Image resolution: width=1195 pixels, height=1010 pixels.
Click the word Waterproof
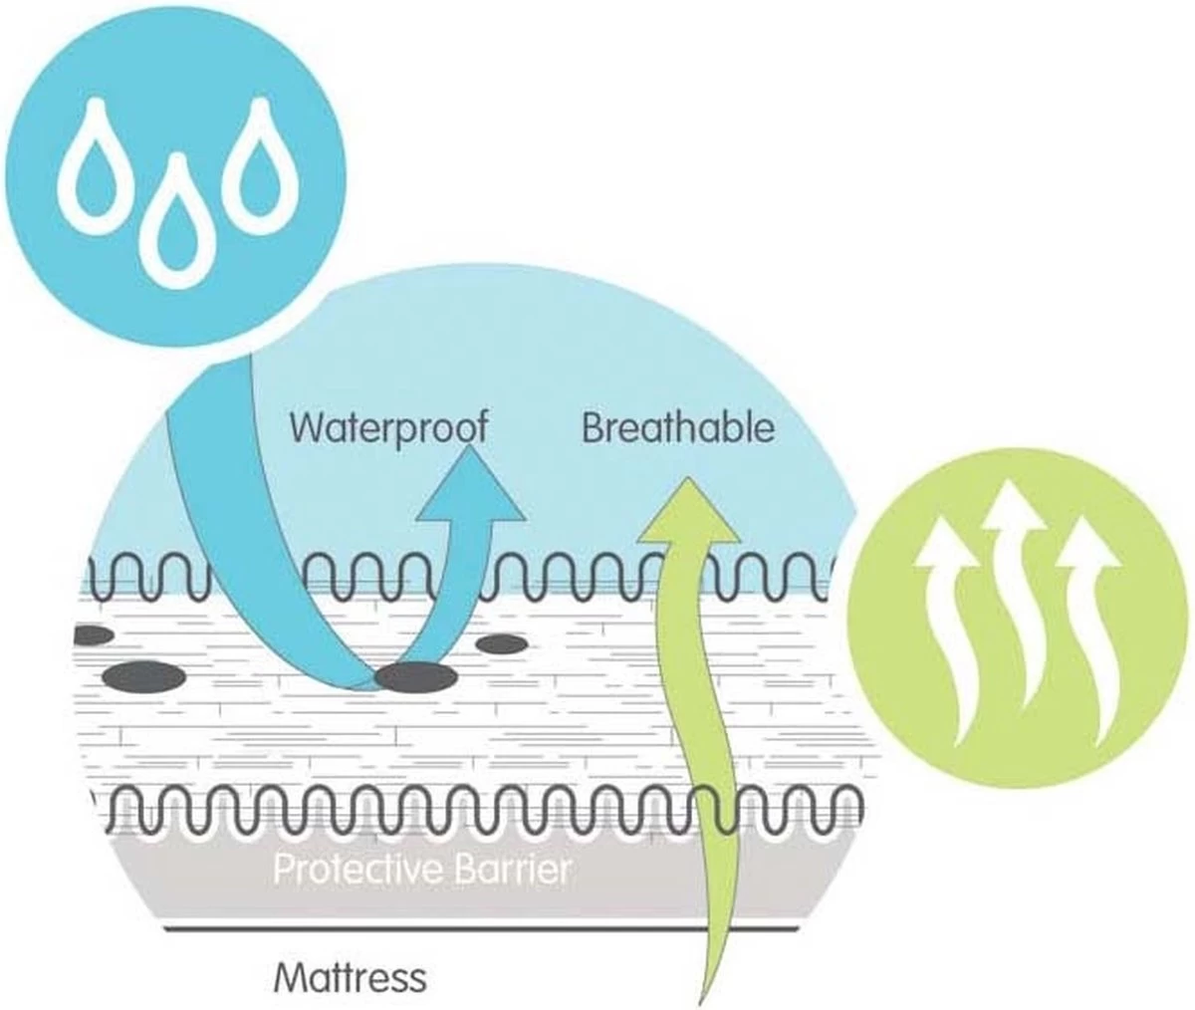[388, 427]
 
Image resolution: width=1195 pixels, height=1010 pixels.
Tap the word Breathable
[677, 428]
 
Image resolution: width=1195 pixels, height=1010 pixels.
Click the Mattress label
[350, 977]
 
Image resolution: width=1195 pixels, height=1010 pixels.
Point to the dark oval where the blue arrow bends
[416, 678]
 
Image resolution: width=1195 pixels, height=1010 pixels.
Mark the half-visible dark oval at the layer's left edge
[92, 634]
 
